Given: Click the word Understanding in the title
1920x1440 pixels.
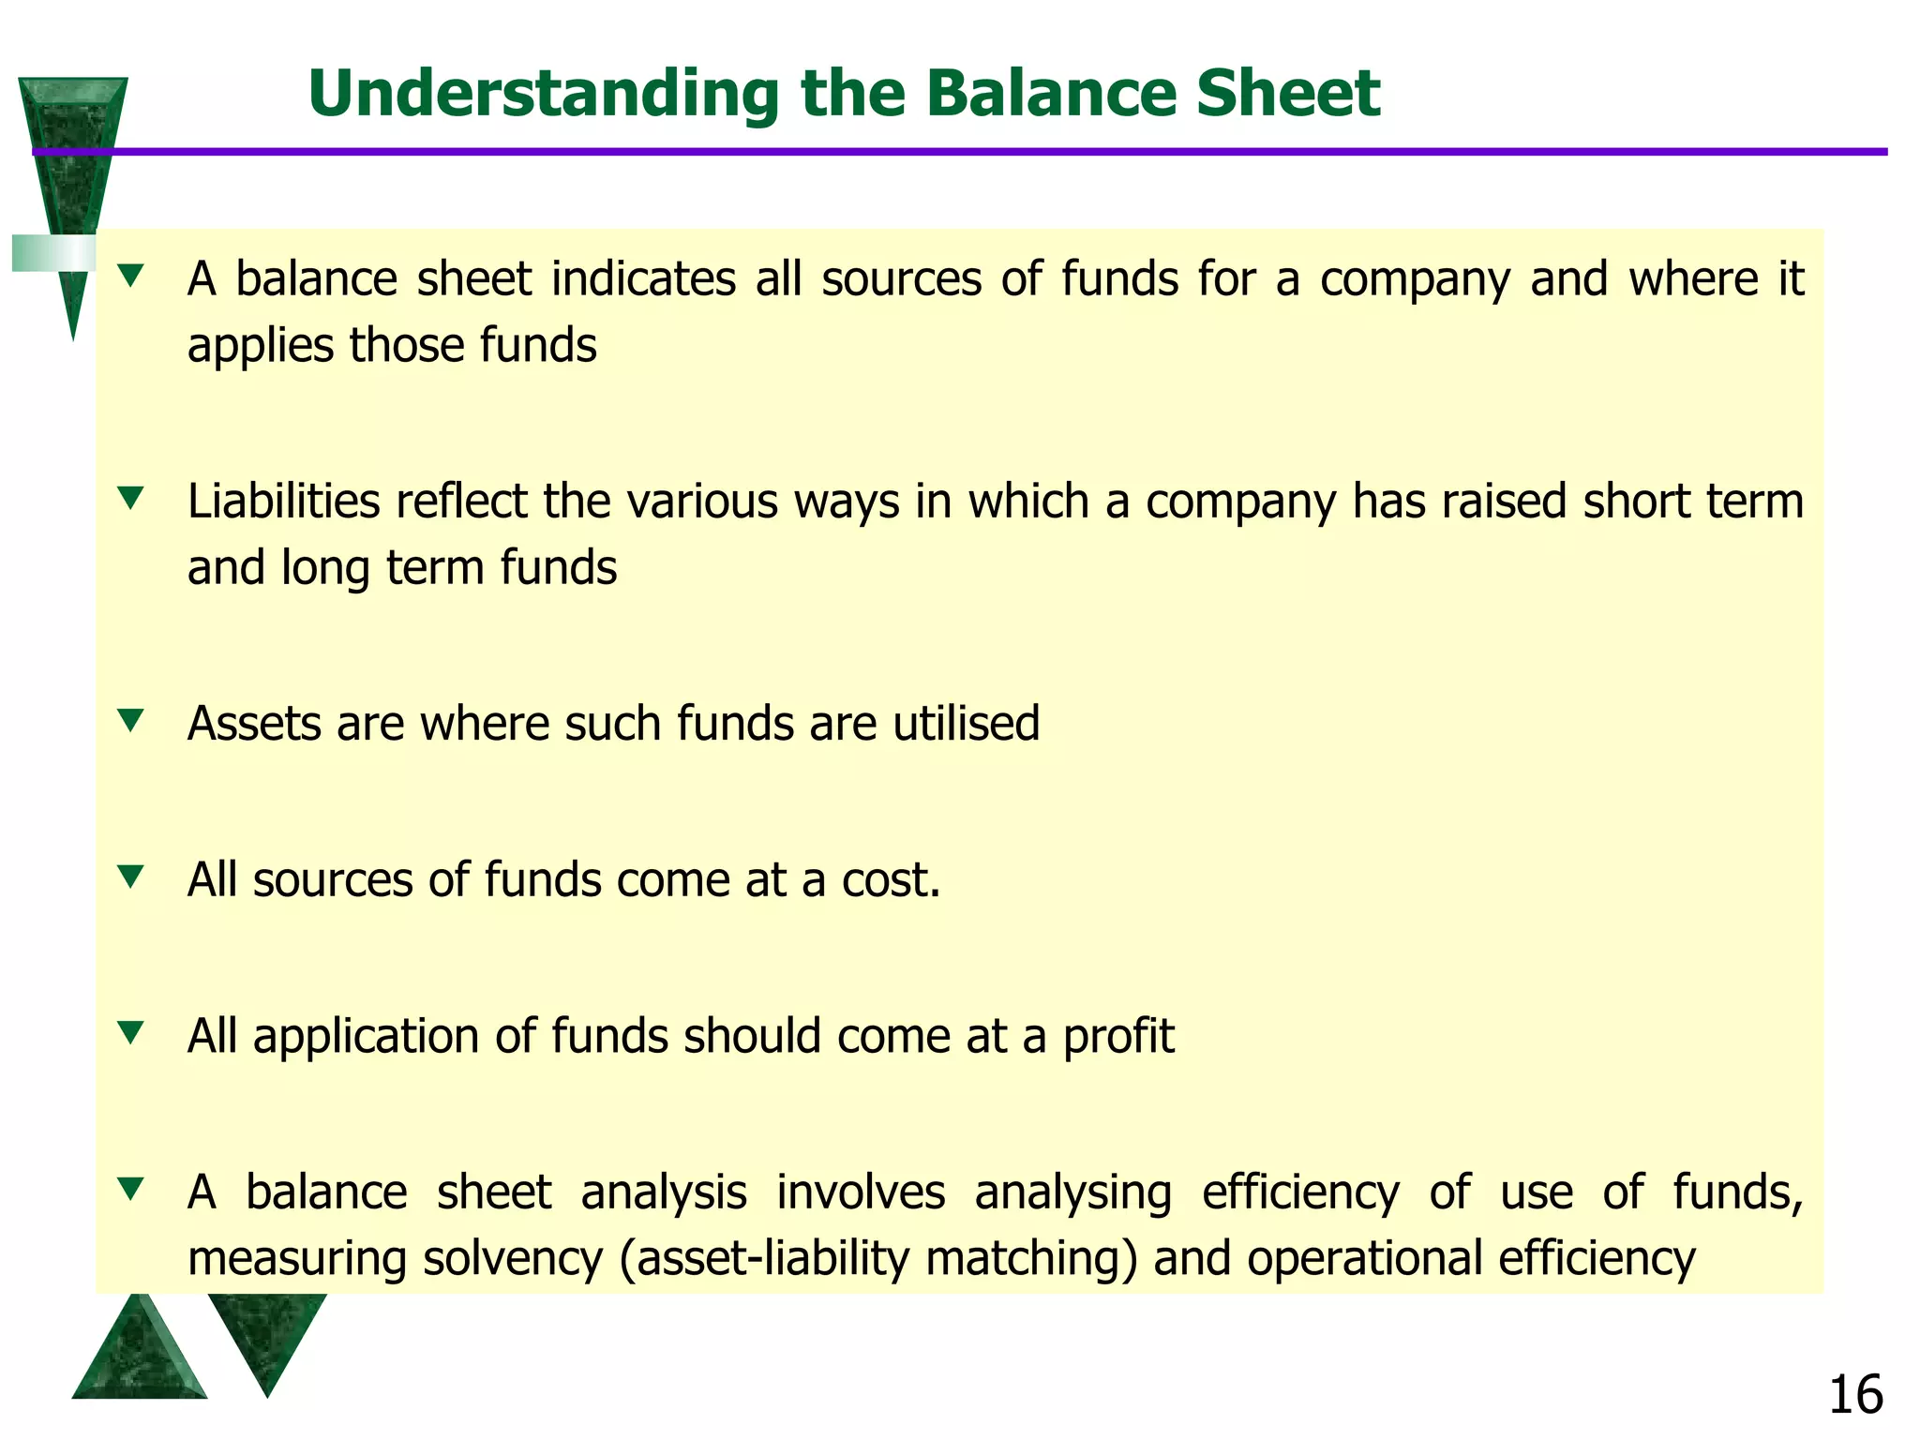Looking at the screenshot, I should (543, 95).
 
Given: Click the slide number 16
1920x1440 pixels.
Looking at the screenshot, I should (1855, 1395).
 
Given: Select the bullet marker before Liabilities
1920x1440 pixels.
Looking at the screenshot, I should (131, 498).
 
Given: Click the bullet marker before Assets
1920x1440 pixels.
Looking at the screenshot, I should (131, 720).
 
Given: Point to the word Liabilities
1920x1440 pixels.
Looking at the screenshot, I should (283, 502).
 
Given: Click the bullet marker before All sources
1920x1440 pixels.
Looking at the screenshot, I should (131, 877).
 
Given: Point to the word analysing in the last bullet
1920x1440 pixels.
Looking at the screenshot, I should (1072, 1193).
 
